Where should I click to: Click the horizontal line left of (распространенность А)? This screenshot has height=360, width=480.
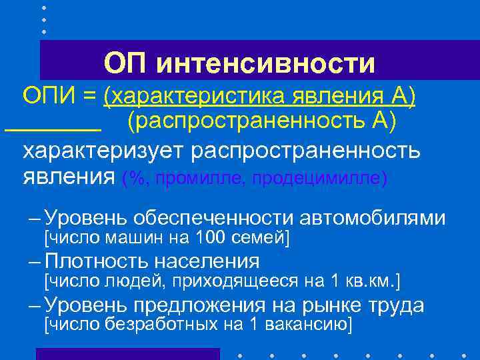point(53,129)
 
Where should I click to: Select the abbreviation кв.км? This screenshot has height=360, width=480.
point(373,280)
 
